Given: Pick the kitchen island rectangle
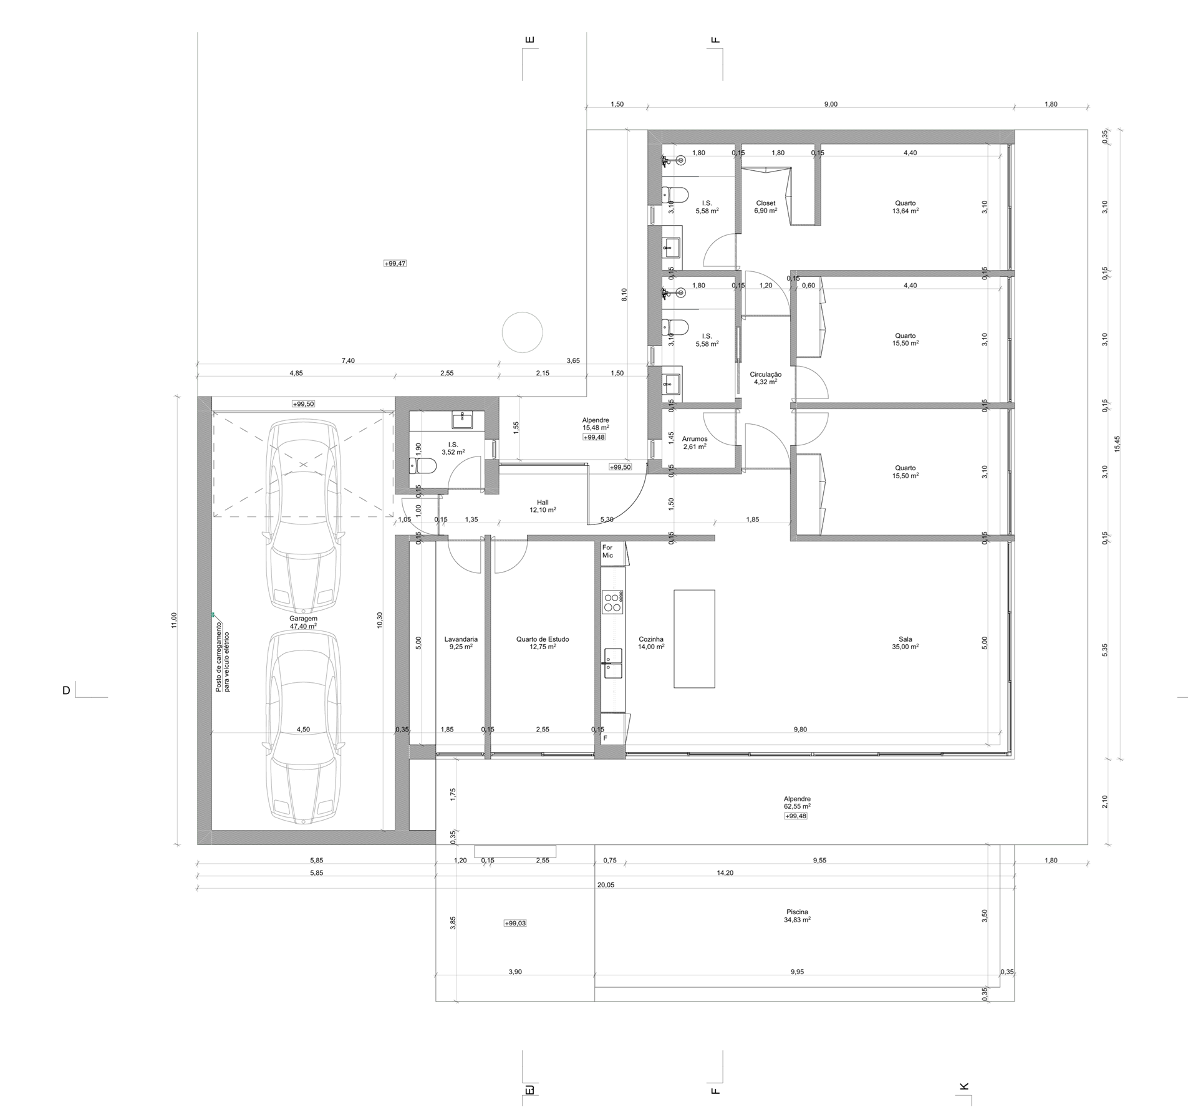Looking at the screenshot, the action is pyautogui.click(x=694, y=639).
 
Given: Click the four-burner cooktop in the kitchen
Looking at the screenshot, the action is pyautogui.click(x=613, y=602).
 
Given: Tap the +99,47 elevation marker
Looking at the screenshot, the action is pyautogui.click(x=395, y=264).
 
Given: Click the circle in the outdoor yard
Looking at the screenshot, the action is pyautogui.click(x=523, y=332).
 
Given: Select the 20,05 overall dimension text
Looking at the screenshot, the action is pyautogui.click(x=606, y=885).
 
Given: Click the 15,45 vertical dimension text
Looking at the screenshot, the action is pyautogui.click(x=1117, y=443).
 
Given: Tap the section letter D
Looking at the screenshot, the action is pyautogui.click(x=66, y=690).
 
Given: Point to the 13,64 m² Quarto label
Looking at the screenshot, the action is pyautogui.click(x=905, y=207).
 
